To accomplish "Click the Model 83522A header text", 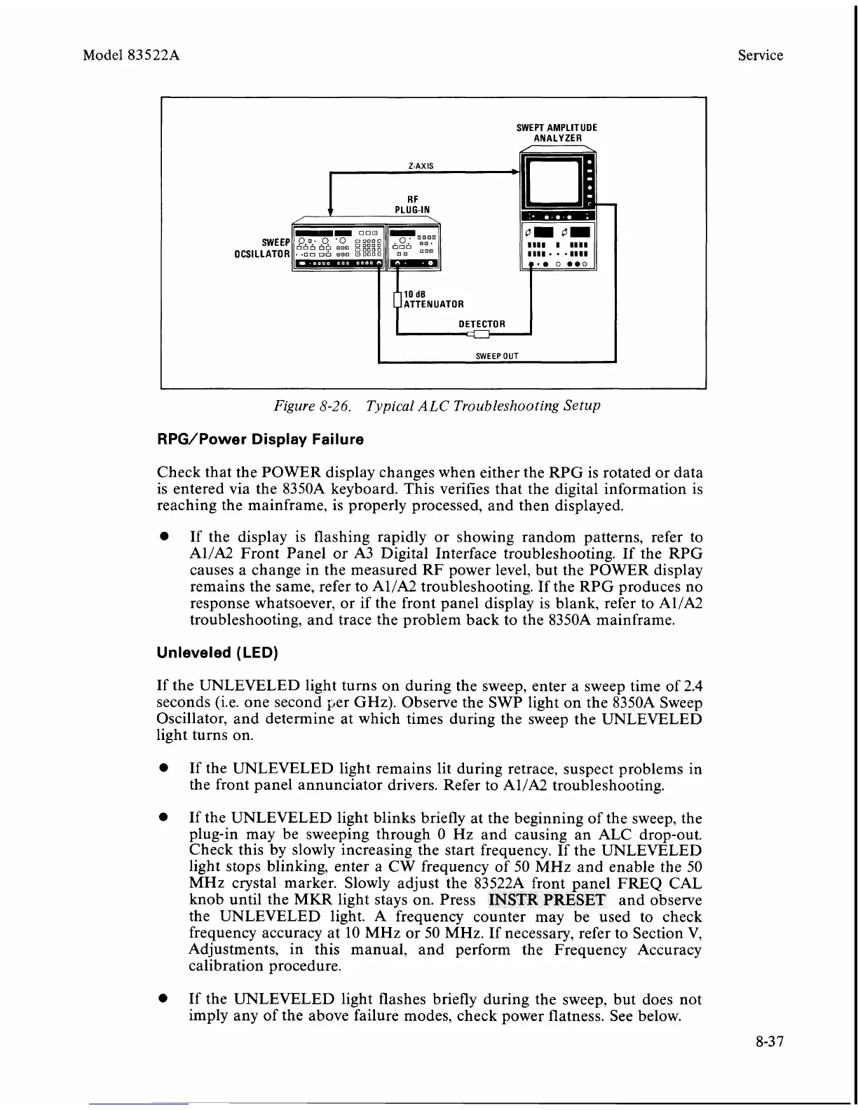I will (131, 55).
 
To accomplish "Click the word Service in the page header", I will (760, 55).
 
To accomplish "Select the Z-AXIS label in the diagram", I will (421, 166).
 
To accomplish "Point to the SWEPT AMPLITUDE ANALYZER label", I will (557, 133).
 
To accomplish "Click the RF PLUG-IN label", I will (412, 204).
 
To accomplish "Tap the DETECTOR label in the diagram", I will (482, 324).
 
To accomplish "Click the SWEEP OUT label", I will (497, 355).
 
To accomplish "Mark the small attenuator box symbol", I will (397, 300).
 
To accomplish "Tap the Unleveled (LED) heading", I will (217, 653).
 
